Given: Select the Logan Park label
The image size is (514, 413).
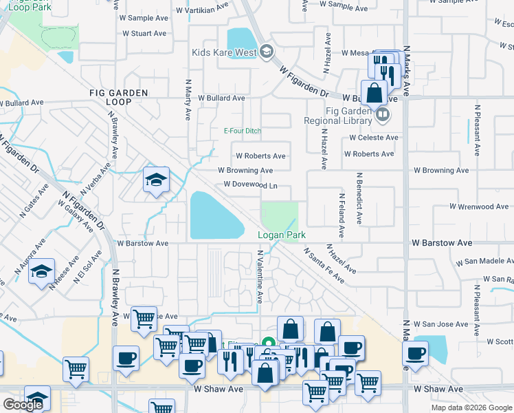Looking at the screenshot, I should pyautogui.click(x=281, y=235).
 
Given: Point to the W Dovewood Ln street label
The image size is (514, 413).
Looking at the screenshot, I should pyautogui.click(x=251, y=184).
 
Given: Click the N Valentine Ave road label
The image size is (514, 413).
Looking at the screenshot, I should pyautogui.click(x=260, y=277).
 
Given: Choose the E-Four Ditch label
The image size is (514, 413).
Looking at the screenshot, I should pyautogui.click(x=243, y=131).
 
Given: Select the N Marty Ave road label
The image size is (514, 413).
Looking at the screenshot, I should pyautogui.click(x=187, y=98).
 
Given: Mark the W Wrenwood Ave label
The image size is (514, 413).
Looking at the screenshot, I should pyautogui.click(x=480, y=206).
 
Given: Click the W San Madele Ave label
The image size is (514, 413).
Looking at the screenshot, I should pyautogui.click(x=484, y=262).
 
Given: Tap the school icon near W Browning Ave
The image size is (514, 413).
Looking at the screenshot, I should pyautogui.click(x=156, y=180).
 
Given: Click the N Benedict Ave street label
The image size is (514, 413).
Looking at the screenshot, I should pyautogui.click(x=359, y=199).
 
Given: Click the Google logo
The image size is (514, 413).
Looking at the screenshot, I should pyautogui.click(x=23, y=405).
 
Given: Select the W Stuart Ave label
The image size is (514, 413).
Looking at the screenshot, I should pyautogui.click(x=143, y=33).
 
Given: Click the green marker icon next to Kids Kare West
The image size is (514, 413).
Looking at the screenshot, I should pyautogui.click(x=267, y=52).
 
